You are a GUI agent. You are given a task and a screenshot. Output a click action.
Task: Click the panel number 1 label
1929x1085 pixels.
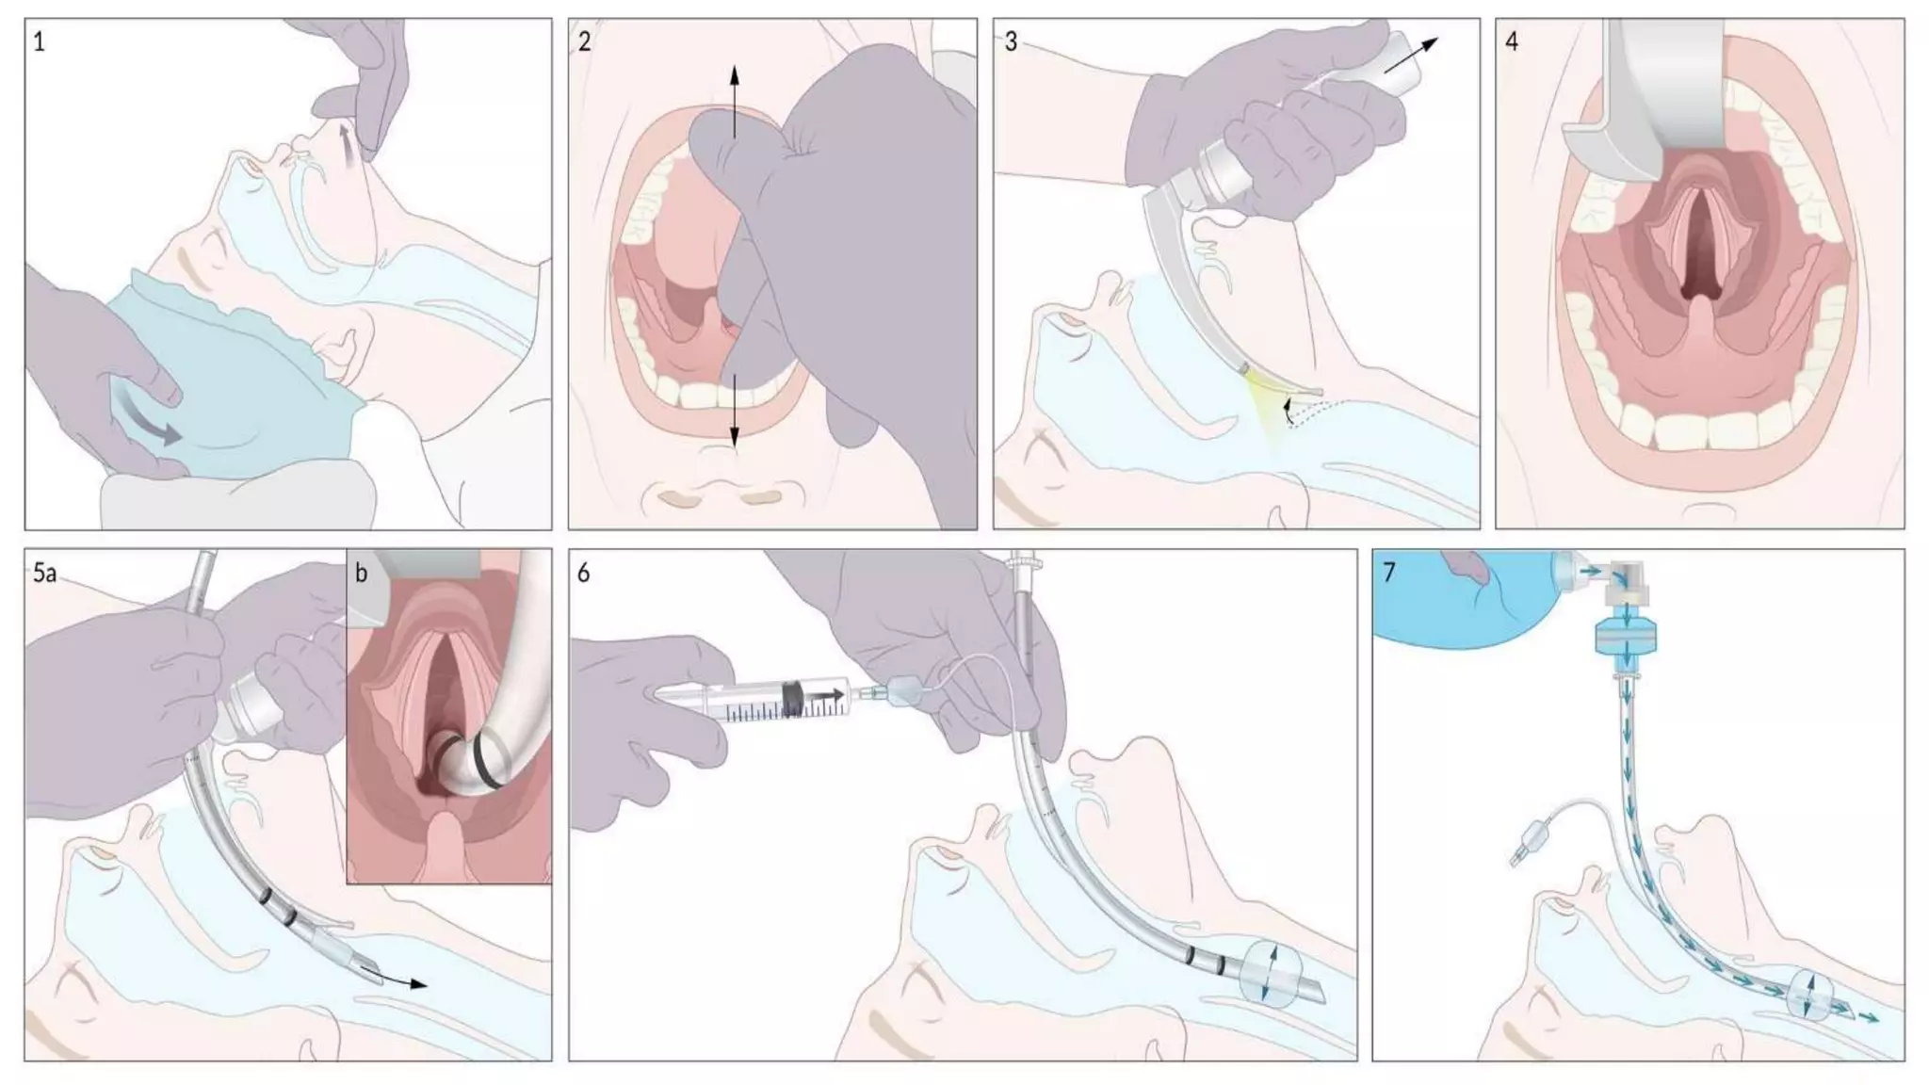(x=39, y=42)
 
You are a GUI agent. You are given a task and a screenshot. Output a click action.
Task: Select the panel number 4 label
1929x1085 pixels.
(x=1512, y=42)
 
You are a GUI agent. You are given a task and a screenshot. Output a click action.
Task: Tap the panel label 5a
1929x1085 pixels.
(x=44, y=574)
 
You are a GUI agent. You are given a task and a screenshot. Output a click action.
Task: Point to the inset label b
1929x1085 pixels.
(x=362, y=573)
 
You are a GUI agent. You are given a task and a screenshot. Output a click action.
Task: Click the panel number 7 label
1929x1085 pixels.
(x=1389, y=573)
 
